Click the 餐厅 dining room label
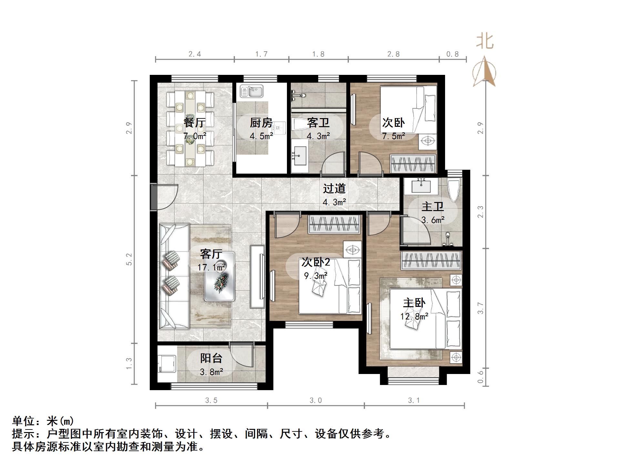click(194, 123)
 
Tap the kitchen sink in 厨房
click(252, 91)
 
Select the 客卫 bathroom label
click(318, 123)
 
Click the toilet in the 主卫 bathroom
click(453, 190)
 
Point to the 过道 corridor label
click(334, 188)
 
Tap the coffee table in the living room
click(219, 277)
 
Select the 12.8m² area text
click(414, 316)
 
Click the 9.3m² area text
click(316, 276)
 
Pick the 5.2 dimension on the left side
click(129, 259)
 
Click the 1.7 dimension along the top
click(261, 54)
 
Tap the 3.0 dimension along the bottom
click(316, 400)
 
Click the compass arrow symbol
click(484, 72)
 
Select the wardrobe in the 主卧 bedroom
click(431, 260)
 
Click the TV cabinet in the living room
click(258, 277)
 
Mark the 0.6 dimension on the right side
click(481, 377)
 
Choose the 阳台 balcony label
click(211, 358)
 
